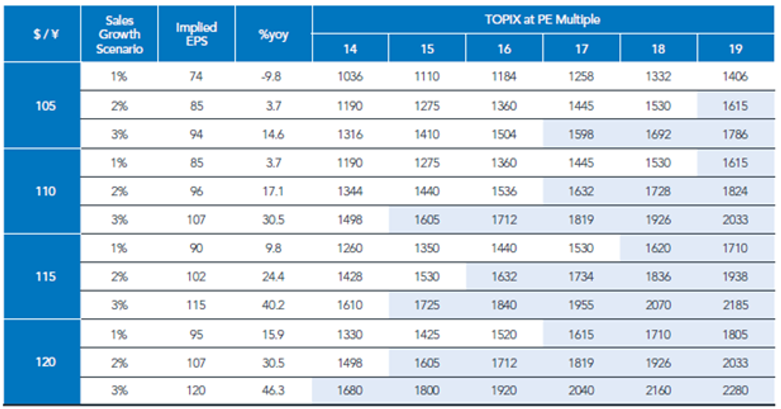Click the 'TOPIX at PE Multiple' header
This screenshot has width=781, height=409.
pyautogui.click(x=543, y=20)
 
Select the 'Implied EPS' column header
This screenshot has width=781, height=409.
pyautogui.click(x=197, y=35)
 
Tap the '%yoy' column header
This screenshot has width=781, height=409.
pyautogui.click(x=274, y=35)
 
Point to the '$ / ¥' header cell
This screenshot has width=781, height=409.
pyautogui.click(x=46, y=35)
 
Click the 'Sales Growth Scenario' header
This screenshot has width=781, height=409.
pyautogui.click(x=119, y=35)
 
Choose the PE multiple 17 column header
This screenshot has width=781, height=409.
pyautogui.click(x=581, y=49)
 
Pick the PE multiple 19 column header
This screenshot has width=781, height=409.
pyautogui.click(x=735, y=49)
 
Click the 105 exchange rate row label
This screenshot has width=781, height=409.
pyautogui.click(x=46, y=106)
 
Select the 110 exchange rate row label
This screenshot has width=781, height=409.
pyautogui.click(x=46, y=191)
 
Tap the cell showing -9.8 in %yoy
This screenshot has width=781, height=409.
pyautogui.click(x=271, y=76)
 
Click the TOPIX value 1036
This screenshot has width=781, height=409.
pyautogui.click(x=350, y=76)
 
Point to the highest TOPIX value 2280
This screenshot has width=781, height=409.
pyautogui.click(x=735, y=390)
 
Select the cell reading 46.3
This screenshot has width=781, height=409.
pyautogui.click(x=273, y=390)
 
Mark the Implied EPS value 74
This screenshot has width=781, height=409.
pyautogui.click(x=196, y=76)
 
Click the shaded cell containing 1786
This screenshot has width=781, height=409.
pyautogui.click(x=735, y=134)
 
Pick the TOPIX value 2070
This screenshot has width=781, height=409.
pyautogui.click(x=658, y=305)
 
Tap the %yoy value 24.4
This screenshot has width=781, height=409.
pyautogui.click(x=273, y=276)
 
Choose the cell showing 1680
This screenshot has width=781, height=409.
pyautogui.click(x=350, y=390)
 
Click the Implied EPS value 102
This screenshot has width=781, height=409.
pyautogui.click(x=196, y=276)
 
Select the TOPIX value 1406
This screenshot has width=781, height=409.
pyautogui.click(x=735, y=76)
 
